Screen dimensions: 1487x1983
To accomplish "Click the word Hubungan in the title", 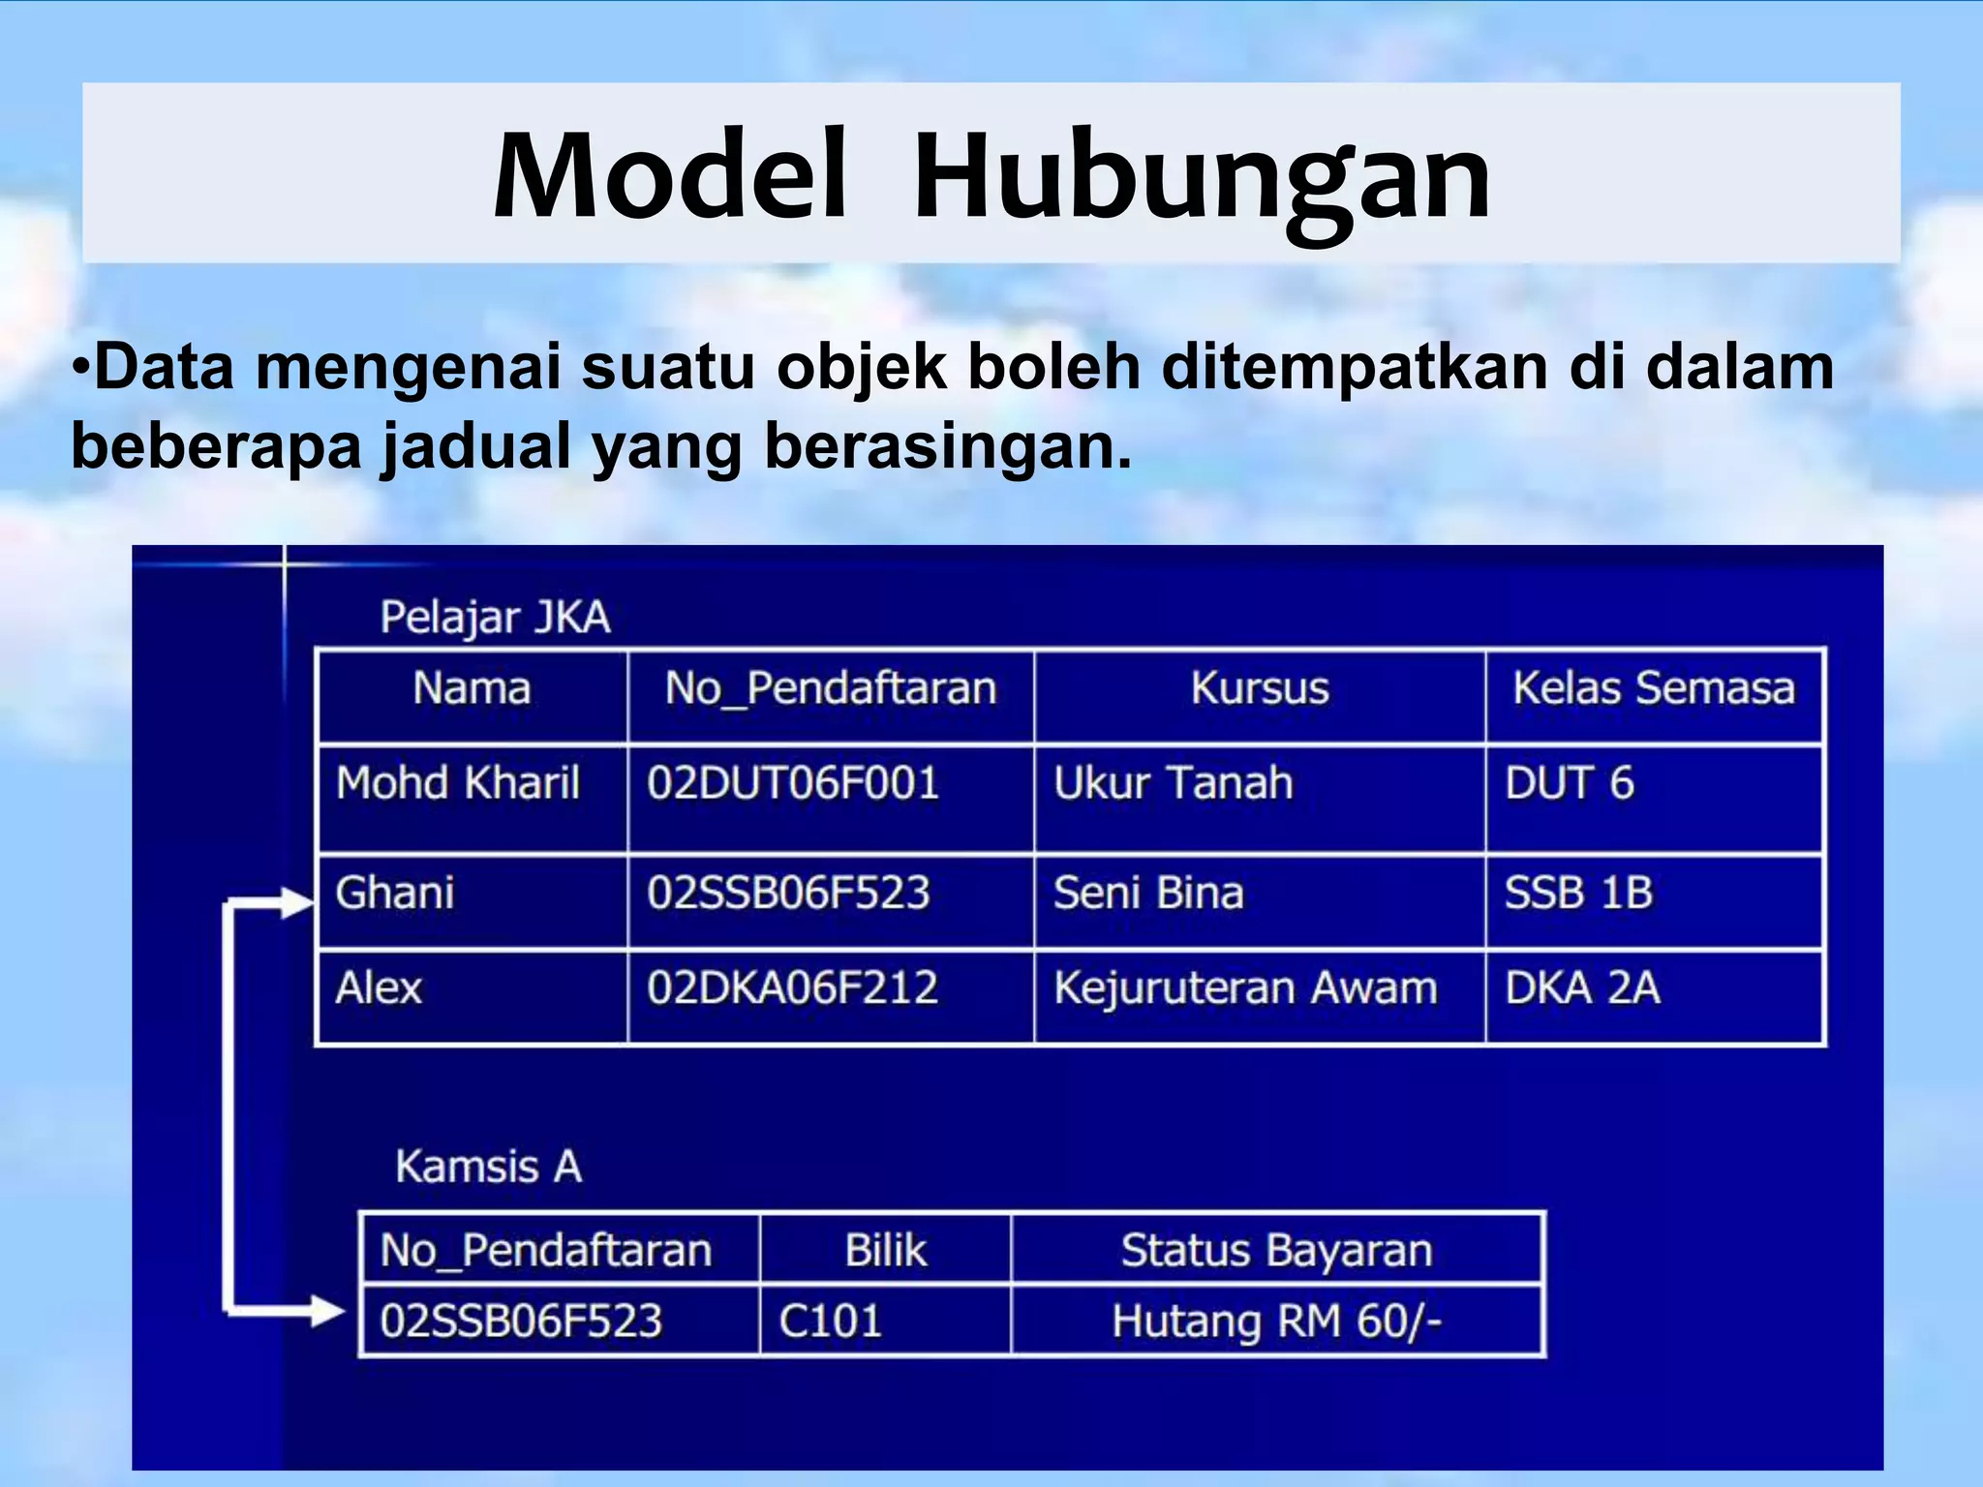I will click(1201, 176).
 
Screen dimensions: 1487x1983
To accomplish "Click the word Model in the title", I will click(670, 176).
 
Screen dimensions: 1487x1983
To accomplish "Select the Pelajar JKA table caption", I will click(495, 618).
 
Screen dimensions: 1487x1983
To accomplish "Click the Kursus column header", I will click(1260, 688).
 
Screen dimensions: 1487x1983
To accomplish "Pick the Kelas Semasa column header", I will click(1654, 688).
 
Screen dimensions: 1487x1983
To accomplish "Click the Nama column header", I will click(472, 688).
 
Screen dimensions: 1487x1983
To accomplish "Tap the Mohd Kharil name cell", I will click(458, 782).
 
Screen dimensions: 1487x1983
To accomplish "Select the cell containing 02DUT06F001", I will click(793, 782).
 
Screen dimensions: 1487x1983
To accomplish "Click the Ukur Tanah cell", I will click(1173, 782).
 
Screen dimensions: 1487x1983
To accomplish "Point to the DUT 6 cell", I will click(1569, 782).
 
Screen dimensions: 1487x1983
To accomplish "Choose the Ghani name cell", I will click(395, 893).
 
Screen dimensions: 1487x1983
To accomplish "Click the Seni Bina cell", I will click(1148, 893).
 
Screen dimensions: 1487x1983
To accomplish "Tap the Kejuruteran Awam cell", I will click(1245, 988).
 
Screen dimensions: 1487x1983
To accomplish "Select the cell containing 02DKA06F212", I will click(793, 988).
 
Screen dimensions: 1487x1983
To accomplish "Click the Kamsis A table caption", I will click(489, 1167).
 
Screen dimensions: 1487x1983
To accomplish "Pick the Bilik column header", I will click(885, 1250).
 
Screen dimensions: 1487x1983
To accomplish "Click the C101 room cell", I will click(830, 1321).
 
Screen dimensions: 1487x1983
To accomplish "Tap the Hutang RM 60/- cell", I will click(1276, 1321).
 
